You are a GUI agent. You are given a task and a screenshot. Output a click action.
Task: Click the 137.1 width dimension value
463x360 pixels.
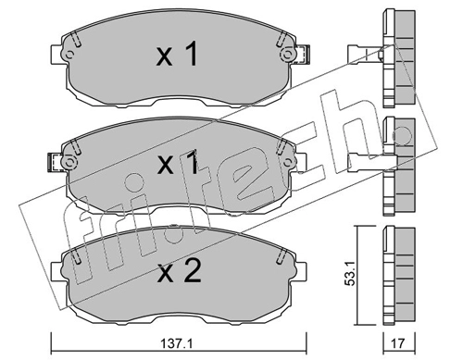(178, 343)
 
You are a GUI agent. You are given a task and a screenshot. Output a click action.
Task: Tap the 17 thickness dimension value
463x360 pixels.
(398, 343)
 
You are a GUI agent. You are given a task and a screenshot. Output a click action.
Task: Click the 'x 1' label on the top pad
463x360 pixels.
(177, 54)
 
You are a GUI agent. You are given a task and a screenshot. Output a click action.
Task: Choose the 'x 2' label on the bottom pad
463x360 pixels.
(179, 270)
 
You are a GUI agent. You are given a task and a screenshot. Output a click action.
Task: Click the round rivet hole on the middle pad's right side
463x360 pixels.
(287, 161)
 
